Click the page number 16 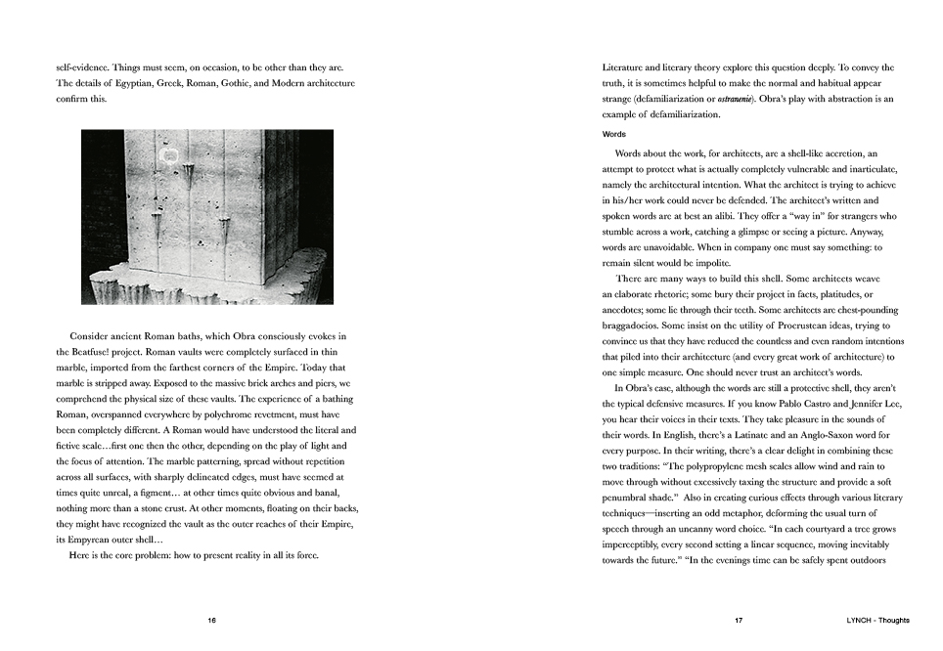(212, 620)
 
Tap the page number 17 (739, 620)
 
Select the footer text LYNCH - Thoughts (877, 620)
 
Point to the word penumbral (632, 498)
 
